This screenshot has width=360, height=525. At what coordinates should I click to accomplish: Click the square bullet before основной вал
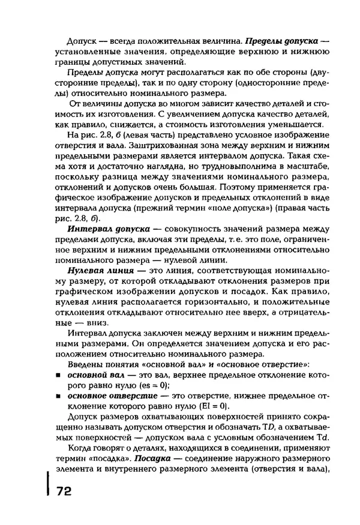59,374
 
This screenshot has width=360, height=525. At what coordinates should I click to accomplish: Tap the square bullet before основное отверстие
59,397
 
